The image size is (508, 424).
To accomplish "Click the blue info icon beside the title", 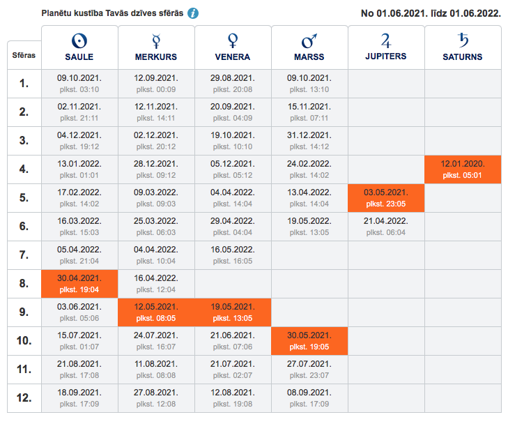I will coord(193,13).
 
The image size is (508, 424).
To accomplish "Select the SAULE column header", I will coord(79,47).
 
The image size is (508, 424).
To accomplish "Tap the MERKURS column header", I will coord(156,47).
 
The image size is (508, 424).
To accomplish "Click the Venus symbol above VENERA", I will coord(233,39).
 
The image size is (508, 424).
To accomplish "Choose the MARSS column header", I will coord(309,47).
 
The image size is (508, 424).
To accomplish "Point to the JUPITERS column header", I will coord(386,47).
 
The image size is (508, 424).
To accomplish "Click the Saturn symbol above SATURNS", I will coord(463,39).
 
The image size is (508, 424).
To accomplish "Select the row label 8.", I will coord(24,284).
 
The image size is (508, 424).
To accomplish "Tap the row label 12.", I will coord(24,398).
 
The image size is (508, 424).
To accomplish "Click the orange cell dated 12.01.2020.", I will coord(463,169).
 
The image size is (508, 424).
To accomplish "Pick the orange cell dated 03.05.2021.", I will coord(386,198).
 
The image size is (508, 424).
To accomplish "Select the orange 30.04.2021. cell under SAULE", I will coord(79,284).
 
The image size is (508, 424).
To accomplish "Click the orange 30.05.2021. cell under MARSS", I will coord(309,341).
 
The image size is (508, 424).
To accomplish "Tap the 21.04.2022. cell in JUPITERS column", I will coord(386,227).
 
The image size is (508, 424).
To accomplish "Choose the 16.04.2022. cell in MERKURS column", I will coord(156,284).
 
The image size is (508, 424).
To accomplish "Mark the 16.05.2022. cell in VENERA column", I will coord(233,255).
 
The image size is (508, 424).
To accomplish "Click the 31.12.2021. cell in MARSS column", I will coord(309,141).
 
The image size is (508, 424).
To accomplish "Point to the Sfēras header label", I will coord(24,54).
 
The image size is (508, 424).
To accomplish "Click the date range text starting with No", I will coord(431,13).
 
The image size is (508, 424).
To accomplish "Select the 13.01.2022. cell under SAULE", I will coord(79,169).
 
